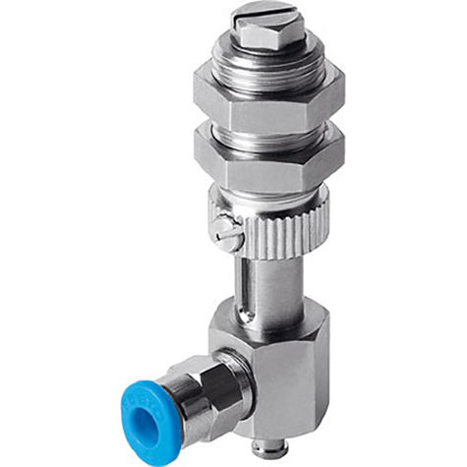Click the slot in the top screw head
tap(253, 17)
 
